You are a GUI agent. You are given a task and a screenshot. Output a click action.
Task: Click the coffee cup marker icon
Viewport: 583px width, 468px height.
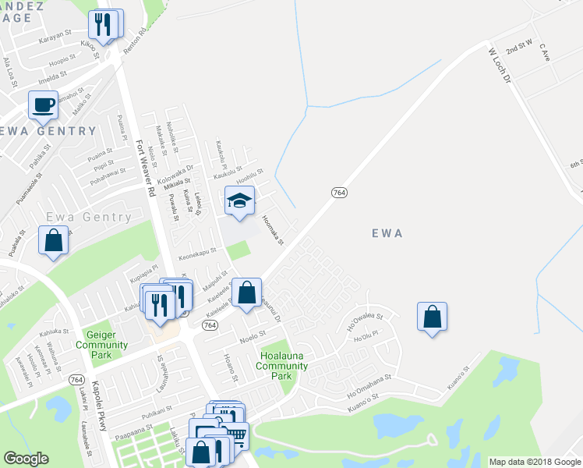tap(43, 104)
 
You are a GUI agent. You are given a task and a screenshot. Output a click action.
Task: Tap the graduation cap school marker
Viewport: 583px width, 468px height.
tap(240, 200)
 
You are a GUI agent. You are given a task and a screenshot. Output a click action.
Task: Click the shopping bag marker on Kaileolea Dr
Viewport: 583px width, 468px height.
tap(247, 293)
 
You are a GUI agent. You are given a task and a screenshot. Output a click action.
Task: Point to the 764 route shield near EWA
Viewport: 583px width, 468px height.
tap(338, 193)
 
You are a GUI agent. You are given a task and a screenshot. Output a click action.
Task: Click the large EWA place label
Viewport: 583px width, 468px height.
tap(387, 232)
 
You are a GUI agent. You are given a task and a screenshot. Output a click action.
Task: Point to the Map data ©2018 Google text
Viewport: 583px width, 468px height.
tap(534, 462)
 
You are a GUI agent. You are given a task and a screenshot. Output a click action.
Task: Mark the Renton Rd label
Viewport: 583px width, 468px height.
tap(133, 45)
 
